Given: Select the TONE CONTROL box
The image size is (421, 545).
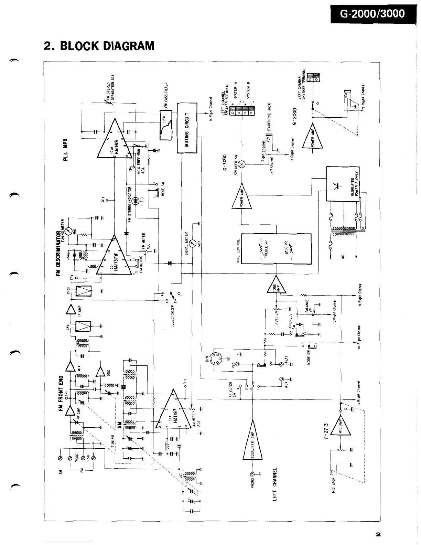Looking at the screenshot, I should click(x=276, y=249).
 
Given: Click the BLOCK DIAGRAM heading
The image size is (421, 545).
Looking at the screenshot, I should click(x=99, y=46).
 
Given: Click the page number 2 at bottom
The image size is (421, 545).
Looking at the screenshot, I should click(x=378, y=534).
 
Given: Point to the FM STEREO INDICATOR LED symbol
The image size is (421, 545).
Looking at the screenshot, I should click(x=136, y=200).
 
